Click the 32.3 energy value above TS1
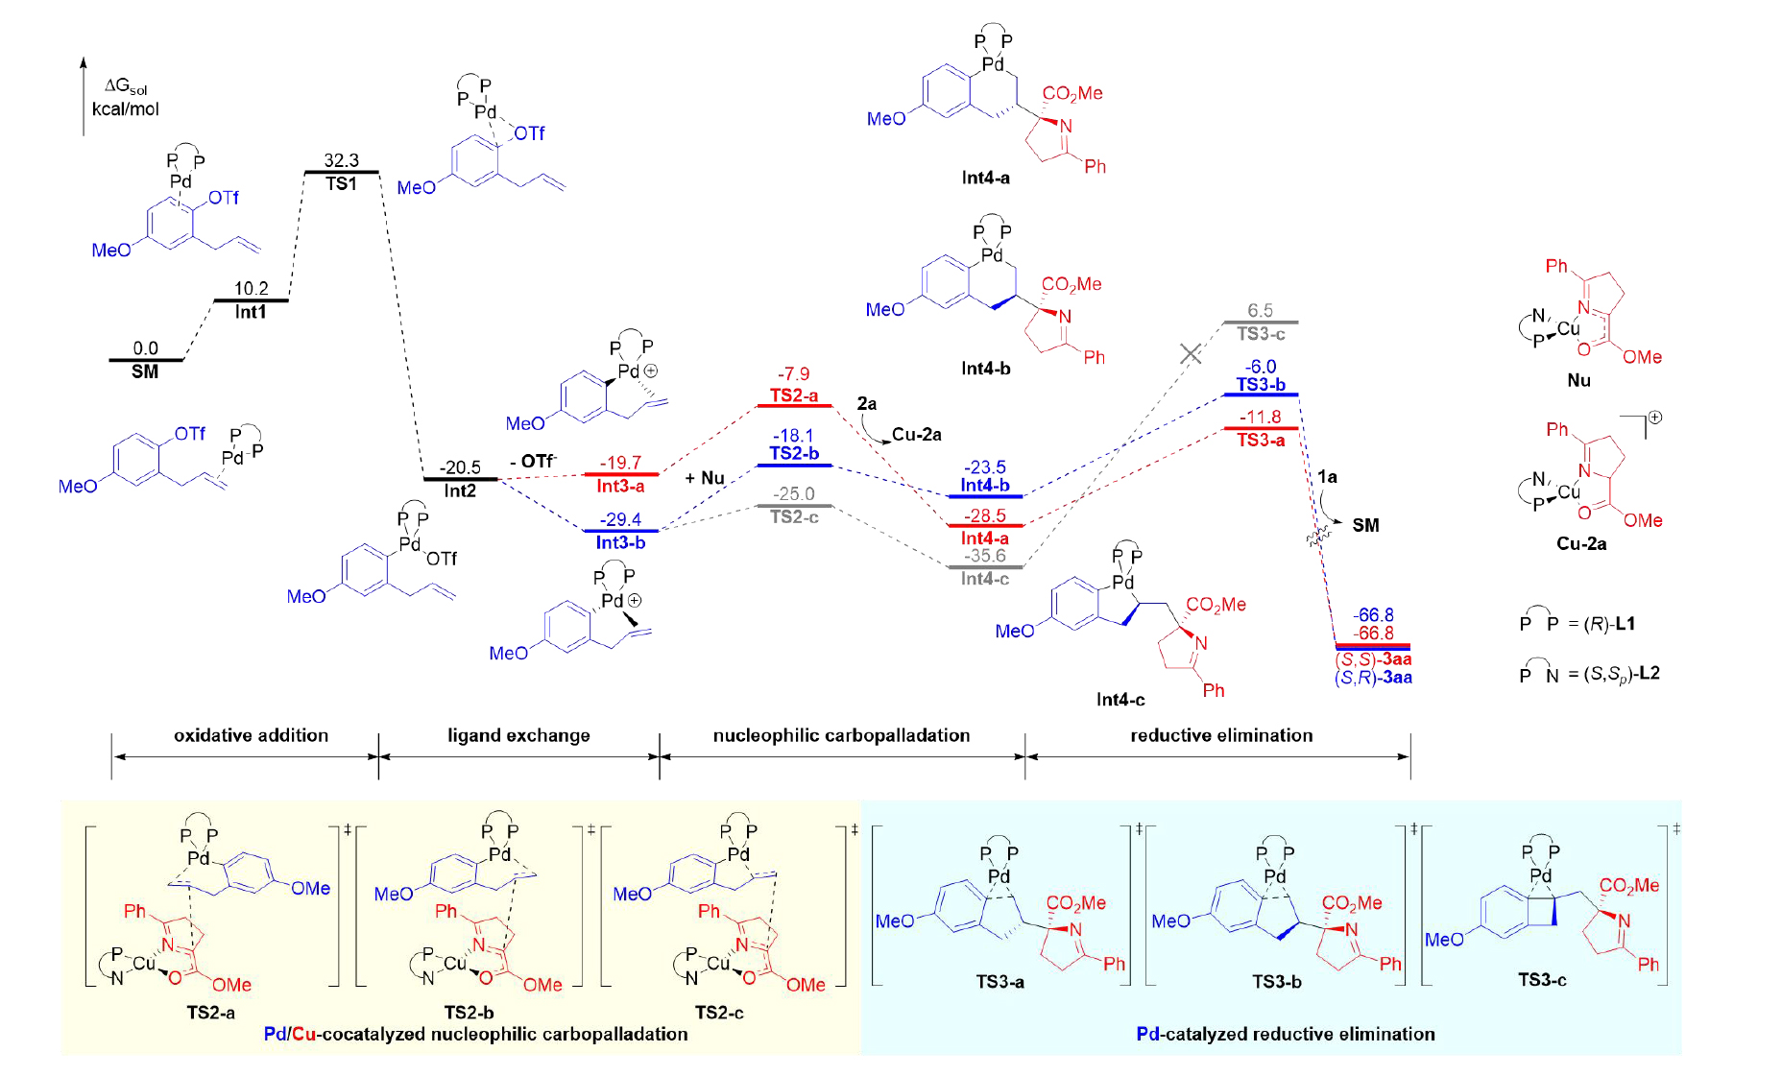(x=341, y=160)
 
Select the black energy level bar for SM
(x=145, y=360)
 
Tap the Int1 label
(x=251, y=312)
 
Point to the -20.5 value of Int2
(x=460, y=467)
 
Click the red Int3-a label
(x=620, y=487)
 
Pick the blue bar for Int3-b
(x=621, y=530)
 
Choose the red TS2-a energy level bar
(x=794, y=405)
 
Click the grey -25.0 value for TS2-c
(x=794, y=493)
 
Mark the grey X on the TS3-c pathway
(x=1191, y=354)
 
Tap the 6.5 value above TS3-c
(x=1260, y=310)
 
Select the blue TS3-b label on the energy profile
(x=1261, y=384)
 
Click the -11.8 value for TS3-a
(x=1260, y=417)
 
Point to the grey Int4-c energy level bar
(x=985, y=566)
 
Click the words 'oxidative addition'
(x=251, y=735)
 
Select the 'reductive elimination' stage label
(x=1221, y=735)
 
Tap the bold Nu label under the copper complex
(x=1578, y=380)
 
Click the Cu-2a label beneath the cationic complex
(x=1581, y=543)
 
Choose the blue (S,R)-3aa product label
(x=1373, y=678)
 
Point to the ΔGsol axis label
(x=126, y=88)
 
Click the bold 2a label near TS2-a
(x=867, y=403)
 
